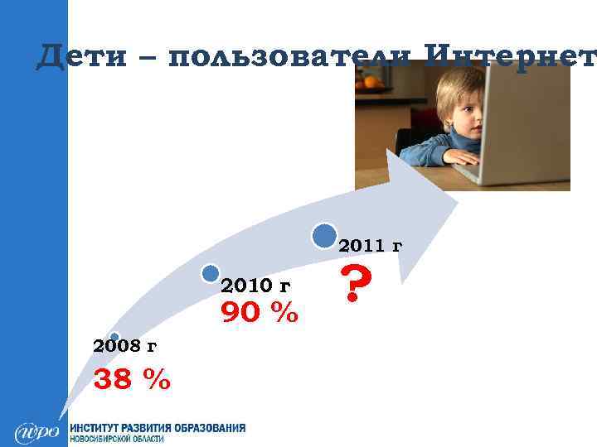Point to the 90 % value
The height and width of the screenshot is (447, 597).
tap(259, 314)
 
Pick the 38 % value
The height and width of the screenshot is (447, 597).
tap(133, 379)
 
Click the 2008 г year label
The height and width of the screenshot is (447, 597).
tap(125, 345)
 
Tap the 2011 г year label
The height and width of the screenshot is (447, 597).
tap(371, 245)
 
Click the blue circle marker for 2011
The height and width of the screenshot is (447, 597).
tap(325, 235)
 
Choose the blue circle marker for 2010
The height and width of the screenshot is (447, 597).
tap(211, 274)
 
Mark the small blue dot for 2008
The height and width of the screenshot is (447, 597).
tap(114, 336)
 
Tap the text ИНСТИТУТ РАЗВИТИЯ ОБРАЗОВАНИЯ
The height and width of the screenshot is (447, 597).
tap(158, 428)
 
